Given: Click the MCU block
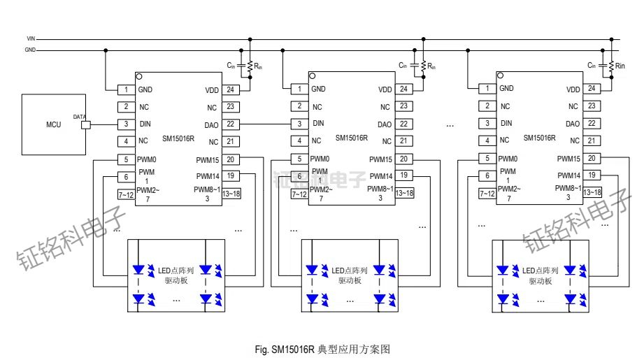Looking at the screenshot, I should pos(53,125).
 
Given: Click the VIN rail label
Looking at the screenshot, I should pos(31,38).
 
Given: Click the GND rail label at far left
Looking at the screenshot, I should pos(30,50).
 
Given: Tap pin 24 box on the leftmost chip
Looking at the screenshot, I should pos(230,90).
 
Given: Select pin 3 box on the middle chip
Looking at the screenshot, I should pos(299,124).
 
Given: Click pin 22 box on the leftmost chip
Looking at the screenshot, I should pos(230,124).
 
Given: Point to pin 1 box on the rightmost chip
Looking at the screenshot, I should pos(487,89).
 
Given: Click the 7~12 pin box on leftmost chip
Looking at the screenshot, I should pos(126,194).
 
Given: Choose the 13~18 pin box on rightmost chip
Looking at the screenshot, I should pos(592,192).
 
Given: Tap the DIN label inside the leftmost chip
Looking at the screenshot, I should pos(145,124).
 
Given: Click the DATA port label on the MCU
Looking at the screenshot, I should pos(80,117).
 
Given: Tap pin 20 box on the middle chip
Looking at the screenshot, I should pos(404,159).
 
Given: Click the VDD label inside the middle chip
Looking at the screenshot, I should pos(385,89).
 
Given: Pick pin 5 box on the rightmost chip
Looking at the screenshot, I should pos(487,159).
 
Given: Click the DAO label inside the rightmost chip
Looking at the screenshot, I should pos(573,123).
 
